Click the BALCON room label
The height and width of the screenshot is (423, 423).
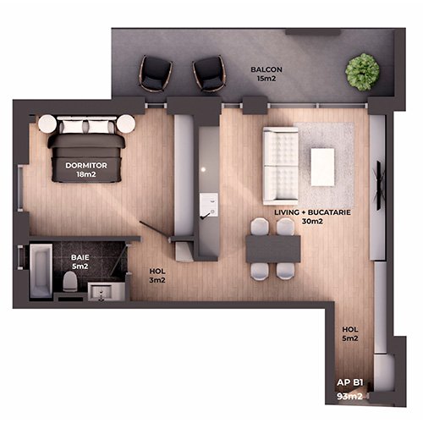266,69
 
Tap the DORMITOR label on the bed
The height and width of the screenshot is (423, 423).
86,166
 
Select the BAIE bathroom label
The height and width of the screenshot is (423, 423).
80,257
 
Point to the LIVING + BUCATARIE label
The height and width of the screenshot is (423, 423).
312,212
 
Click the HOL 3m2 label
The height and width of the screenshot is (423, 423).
157,276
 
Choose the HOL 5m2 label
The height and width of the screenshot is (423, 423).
350,333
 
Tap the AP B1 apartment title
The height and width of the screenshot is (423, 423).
350,382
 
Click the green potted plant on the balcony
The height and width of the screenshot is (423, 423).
362,72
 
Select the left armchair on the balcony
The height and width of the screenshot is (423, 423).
156,74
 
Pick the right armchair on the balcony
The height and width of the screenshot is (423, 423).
209,74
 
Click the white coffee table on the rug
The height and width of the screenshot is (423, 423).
322,167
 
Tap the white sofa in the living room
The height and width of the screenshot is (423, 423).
280,166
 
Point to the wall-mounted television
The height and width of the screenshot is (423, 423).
380,185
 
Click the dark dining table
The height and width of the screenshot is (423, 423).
273,250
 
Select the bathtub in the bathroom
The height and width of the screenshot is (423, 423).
41,271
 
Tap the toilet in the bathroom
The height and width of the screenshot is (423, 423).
70,281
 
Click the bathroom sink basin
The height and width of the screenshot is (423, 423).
102,291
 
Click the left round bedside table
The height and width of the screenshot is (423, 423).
47,124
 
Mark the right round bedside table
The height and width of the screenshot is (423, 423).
126,124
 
